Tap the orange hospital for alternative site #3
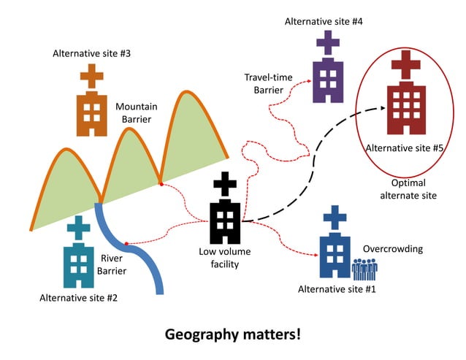tap(91, 110)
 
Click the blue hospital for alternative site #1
tap(335, 251)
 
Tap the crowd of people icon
tap(364, 269)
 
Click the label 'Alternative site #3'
tap(92, 53)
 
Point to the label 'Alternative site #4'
tap(324, 21)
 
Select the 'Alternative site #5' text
tap(404, 148)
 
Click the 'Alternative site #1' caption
tap(337, 289)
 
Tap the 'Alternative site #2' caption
tap(78, 297)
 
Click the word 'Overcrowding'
tap(393, 248)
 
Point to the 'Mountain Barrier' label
tap(137, 113)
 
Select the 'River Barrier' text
tap(112, 264)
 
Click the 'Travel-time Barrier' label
tap(262, 83)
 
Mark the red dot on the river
tap(127, 243)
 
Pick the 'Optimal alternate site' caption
tap(408, 189)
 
